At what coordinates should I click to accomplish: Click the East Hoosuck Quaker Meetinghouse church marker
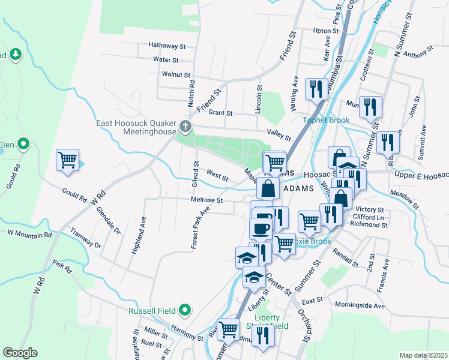tap(185, 127)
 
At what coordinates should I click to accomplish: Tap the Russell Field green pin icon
tap(185, 310)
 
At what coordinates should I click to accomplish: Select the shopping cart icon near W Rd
tap(68, 160)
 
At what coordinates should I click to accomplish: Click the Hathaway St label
tap(167, 46)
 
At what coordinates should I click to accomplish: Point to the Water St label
tap(166, 60)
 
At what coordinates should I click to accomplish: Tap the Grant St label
tap(220, 113)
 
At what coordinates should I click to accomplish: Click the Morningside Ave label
tap(360, 305)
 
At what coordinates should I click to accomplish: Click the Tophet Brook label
tap(330, 120)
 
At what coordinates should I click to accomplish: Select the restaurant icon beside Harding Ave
tap(315, 89)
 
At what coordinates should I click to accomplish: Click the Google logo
tap(20, 353)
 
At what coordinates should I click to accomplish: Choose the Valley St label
tap(279, 135)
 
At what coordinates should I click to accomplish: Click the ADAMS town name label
tap(298, 188)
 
